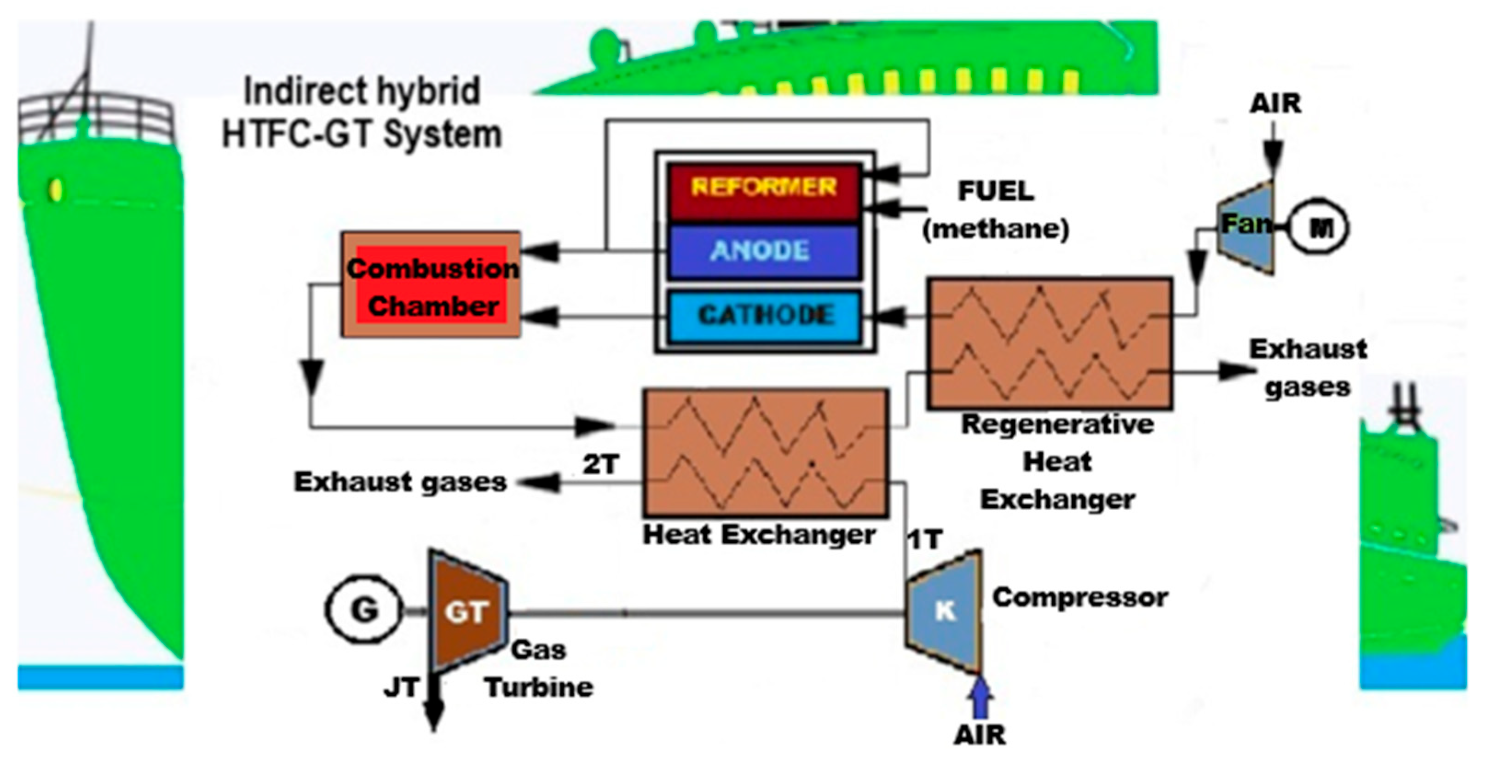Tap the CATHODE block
765,316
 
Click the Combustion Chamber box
431,285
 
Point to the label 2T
601,464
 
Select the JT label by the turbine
401,688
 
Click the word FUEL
996,191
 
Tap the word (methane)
996,230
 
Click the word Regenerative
1057,425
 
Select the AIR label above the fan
1275,104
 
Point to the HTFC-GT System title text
362,135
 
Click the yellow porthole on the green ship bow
56,190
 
